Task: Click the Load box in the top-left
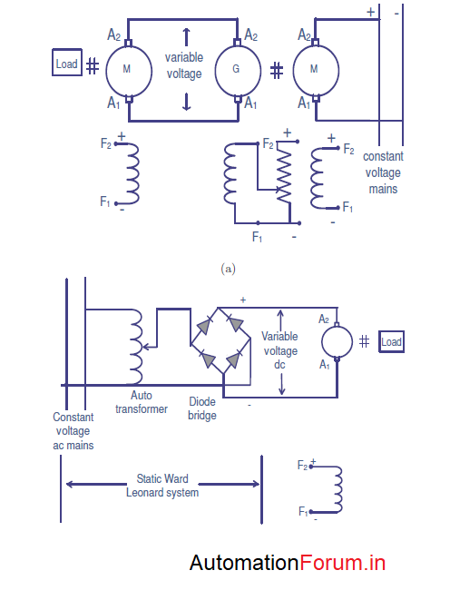point(67,64)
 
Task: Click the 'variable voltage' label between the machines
point(184,65)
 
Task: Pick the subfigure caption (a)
point(229,269)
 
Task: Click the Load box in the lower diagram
point(391,342)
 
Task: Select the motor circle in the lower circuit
point(337,341)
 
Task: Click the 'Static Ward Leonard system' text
point(162,486)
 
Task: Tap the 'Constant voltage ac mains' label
point(73,431)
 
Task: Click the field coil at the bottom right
point(338,489)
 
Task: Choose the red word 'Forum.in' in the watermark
point(342,563)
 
